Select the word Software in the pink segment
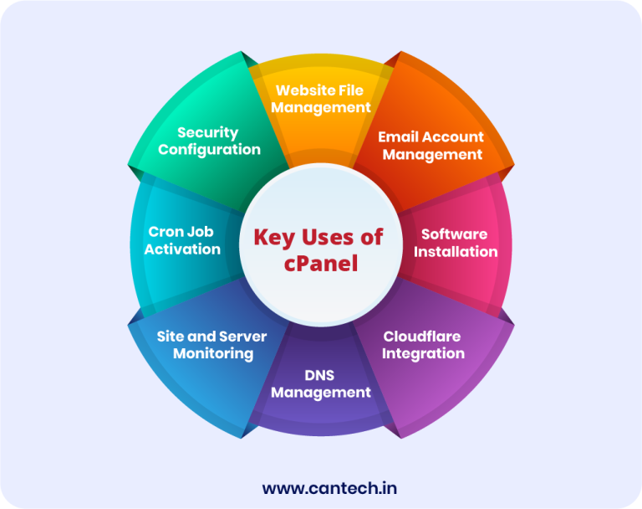coord(455,234)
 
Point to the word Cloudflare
coord(422,337)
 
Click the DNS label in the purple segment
coord(319,375)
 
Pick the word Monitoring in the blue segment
coord(213,354)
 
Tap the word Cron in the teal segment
coord(166,232)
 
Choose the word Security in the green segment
coord(208,133)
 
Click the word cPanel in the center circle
coord(321,264)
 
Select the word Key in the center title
coord(274,238)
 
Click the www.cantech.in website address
coord(329,489)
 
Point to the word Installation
coord(456,251)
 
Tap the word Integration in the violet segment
coord(423,354)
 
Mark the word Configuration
coord(209,150)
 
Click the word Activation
coord(182,249)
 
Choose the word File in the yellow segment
coord(351,90)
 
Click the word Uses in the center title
coord(328,237)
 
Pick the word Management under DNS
coord(321,393)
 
